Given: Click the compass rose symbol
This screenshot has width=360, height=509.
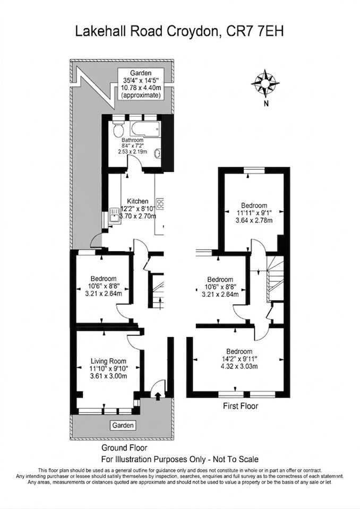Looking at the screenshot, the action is click(265, 83).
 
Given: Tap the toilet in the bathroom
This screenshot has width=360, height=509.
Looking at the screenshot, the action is click(118, 128).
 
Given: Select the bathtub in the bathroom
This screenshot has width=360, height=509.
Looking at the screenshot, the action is click(145, 129).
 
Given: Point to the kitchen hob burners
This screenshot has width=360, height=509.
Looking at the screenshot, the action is click(160, 203).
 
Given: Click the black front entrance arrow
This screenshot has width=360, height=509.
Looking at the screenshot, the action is click(158, 396).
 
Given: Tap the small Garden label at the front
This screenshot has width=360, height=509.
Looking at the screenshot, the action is click(123, 425).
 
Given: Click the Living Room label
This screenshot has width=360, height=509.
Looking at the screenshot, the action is click(108, 361).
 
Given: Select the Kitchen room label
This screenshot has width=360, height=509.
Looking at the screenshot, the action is click(138, 201).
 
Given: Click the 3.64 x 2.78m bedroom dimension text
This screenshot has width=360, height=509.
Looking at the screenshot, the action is click(254, 221).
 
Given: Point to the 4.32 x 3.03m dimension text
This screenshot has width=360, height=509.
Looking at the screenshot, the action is click(239, 367).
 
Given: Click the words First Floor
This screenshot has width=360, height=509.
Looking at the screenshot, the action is click(241, 406).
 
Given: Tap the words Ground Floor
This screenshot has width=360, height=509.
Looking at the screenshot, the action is click(124, 448).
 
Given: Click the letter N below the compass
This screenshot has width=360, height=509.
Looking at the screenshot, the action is click(266, 104).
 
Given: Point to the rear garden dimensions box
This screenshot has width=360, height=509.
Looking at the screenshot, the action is click(141, 84).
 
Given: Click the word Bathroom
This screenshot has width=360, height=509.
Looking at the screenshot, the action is click(132, 140).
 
